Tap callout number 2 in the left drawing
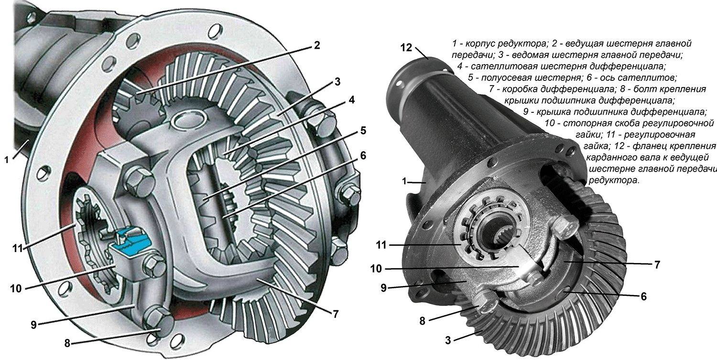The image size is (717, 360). [x=316, y=45]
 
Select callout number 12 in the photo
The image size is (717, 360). [x=406, y=48]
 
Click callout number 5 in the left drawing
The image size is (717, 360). [x=363, y=131]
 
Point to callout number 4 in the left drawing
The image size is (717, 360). [x=351, y=100]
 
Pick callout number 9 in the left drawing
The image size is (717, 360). [x=34, y=325]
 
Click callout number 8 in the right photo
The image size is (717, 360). [x=422, y=321]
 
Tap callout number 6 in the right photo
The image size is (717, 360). [x=644, y=296]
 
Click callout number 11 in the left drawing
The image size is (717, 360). [x=18, y=248]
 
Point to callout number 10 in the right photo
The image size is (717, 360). [x=377, y=268]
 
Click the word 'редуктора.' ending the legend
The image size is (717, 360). [x=614, y=180]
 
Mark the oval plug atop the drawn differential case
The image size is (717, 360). [x=187, y=119]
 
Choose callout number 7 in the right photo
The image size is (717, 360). [x=657, y=264]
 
